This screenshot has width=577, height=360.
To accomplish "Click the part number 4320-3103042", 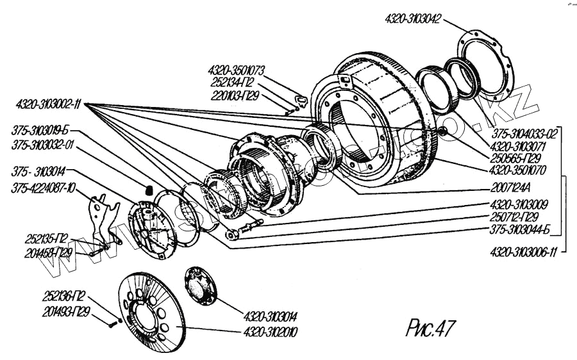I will click(x=412, y=19).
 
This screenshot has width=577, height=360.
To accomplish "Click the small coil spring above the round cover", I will click(x=146, y=190).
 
